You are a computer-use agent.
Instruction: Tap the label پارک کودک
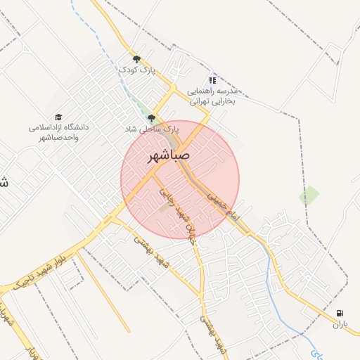136,70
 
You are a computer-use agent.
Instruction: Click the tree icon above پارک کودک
136,59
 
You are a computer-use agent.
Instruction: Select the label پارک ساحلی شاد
151,129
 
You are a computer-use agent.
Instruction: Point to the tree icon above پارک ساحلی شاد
151,118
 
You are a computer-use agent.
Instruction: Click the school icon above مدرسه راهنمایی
213,81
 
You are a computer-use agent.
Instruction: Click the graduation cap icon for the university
58,117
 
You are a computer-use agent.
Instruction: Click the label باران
340,324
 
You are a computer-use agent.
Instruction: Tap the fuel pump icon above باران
340,314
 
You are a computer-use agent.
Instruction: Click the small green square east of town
309,195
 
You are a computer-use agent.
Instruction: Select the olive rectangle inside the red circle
165,207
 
